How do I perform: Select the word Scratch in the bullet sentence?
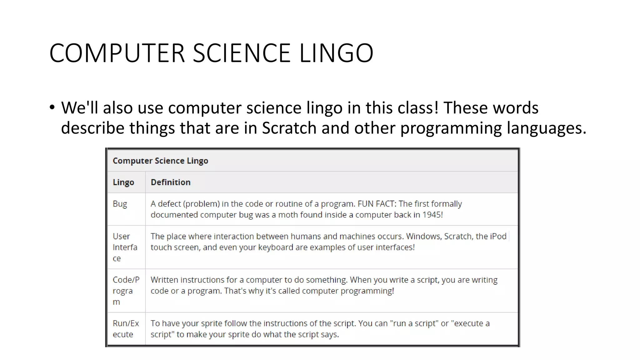(289, 128)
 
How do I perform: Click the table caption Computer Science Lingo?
(160, 161)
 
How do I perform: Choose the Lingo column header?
(123, 182)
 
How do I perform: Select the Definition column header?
(171, 182)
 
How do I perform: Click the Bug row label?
(120, 204)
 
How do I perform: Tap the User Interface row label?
(125, 247)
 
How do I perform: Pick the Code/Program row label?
(126, 291)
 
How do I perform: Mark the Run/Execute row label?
(126, 329)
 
